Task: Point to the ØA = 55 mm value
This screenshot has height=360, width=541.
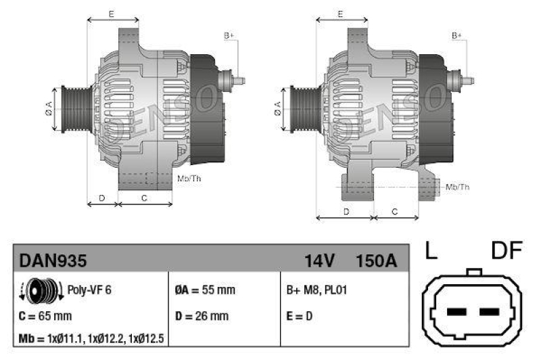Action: coord(205,290)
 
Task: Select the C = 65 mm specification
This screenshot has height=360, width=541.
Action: coord(46,316)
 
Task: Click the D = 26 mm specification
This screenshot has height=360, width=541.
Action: coord(202,316)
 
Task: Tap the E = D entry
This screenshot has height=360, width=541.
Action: coord(300,316)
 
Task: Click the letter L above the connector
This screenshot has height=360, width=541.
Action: coord(431,252)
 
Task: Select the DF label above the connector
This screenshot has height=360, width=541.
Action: coord(507,252)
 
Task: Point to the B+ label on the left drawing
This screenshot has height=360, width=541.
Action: coord(229,35)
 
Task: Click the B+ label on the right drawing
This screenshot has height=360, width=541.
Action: coord(456,35)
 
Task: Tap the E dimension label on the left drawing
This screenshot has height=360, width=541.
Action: coord(111,14)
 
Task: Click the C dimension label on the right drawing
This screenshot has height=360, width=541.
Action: coord(395,212)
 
